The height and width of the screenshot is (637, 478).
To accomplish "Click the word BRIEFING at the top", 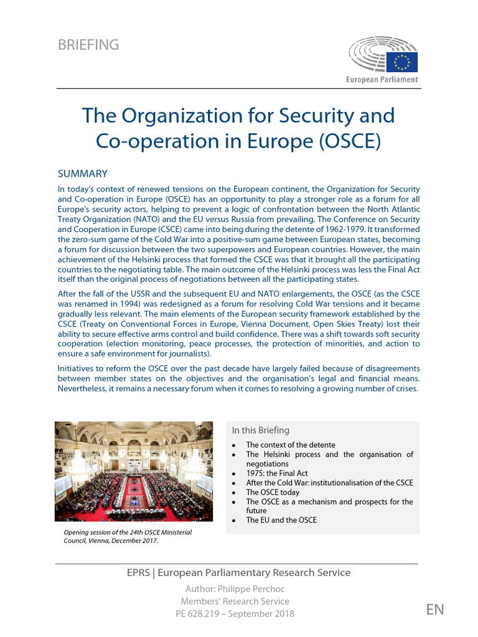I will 88,45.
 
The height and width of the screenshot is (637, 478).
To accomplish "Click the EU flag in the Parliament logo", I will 402,62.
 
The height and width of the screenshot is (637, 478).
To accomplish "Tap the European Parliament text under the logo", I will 382,80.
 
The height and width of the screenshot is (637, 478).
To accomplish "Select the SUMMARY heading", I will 83,174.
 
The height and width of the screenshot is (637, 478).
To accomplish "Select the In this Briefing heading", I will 260,430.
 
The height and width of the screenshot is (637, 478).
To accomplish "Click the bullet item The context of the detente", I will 290,445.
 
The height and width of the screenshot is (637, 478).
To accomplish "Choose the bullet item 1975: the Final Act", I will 276,473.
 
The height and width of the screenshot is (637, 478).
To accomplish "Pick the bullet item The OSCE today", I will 273,492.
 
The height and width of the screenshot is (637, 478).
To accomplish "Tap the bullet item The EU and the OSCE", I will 281,520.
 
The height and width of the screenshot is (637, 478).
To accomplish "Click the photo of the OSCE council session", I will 134,471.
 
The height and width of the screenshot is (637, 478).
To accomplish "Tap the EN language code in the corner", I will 436,610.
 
